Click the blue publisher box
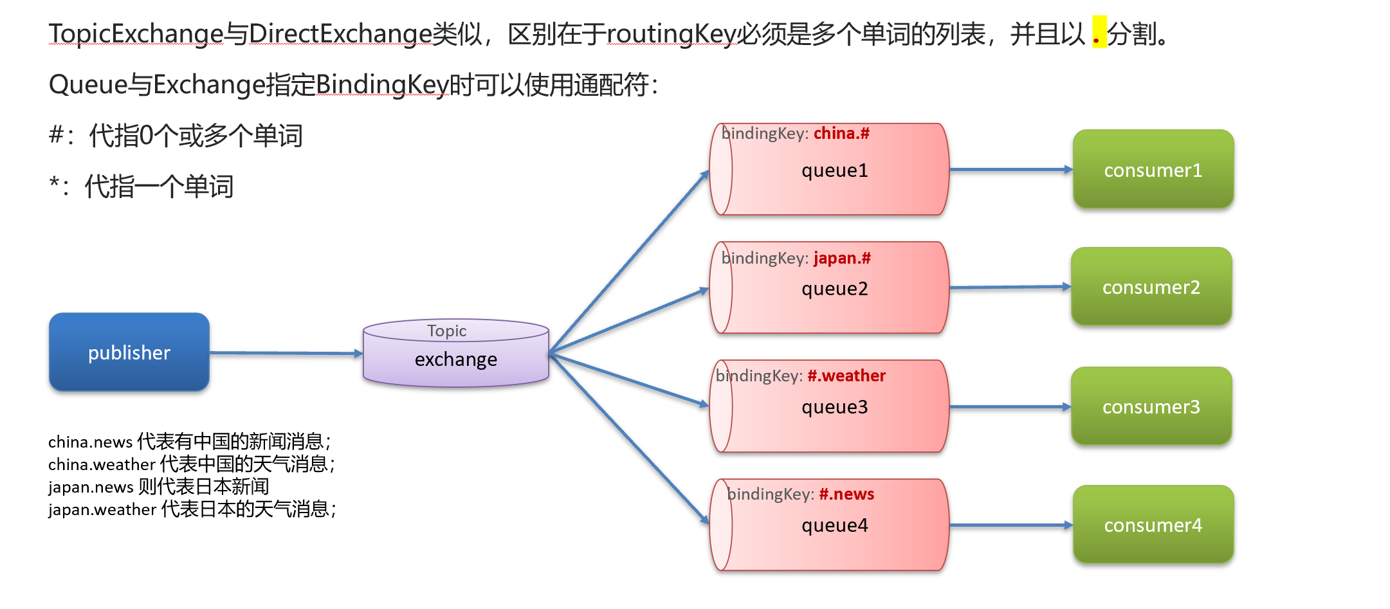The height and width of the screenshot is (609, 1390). coord(129,352)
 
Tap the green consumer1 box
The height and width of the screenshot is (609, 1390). coord(1153,170)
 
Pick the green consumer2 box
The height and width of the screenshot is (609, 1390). coord(1151,287)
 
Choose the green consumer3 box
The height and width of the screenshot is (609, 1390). coord(1151,406)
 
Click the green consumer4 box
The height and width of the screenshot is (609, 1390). coord(1153,525)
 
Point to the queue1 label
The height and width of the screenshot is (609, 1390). coord(834,170)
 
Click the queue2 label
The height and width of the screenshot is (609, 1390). coord(834,289)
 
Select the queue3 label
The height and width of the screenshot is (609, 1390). coord(834,407)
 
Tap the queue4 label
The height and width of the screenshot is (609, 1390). coord(834,525)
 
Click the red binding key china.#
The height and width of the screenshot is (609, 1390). coord(841,133)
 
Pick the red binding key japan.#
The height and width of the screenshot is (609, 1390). coord(842,258)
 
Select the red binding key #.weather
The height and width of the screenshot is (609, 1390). coord(846,376)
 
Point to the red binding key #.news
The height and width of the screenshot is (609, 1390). coord(846,494)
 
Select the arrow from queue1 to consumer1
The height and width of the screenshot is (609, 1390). coord(1010,170)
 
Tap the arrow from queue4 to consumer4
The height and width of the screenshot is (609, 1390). coord(1010,525)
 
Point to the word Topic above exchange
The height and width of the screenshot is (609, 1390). coord(447,331)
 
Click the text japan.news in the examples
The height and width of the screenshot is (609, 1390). coord(91,487)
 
